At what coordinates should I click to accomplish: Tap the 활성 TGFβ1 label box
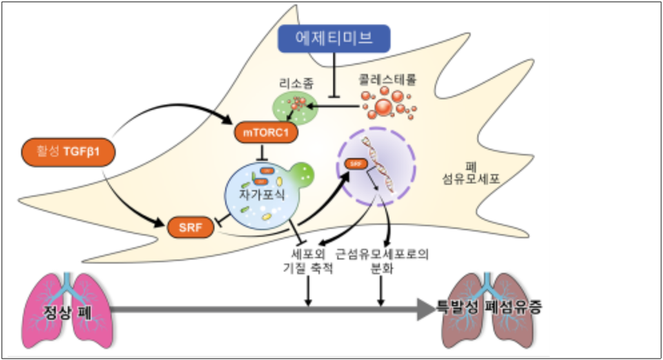point(68,151)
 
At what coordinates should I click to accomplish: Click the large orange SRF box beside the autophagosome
point(189,225)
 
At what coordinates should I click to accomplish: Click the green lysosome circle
point(293,107)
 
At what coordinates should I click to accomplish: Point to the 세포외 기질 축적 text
point(309,262)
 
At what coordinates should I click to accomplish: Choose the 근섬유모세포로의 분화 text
point(382,262)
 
